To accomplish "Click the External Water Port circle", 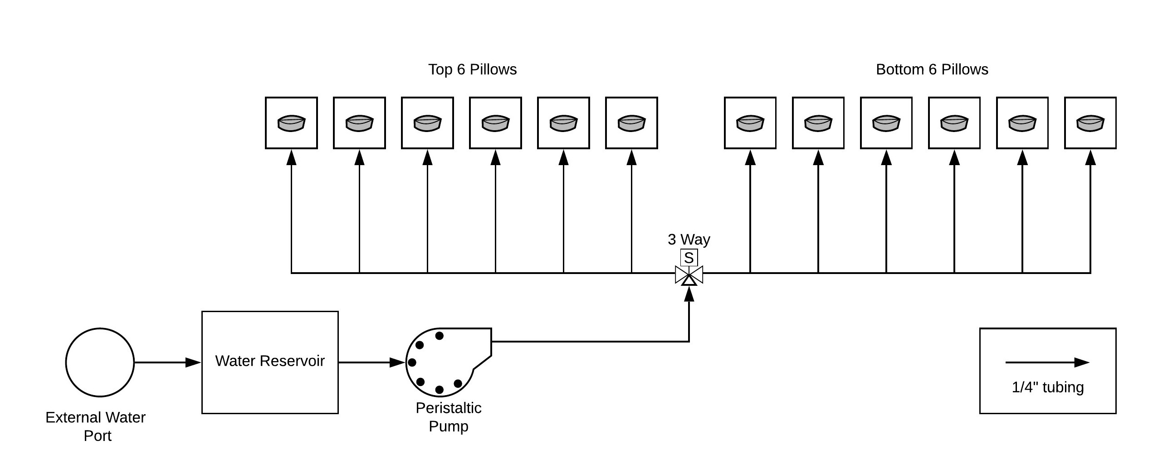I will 100,362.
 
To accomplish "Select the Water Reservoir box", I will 270,362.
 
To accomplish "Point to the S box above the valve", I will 689,258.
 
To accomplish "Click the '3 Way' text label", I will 689,239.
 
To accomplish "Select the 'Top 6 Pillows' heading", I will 472,69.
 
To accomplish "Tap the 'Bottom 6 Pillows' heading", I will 932,69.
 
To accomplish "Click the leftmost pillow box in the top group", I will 291,122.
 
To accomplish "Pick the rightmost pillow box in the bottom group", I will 1090,122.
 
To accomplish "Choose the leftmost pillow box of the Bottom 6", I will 750,122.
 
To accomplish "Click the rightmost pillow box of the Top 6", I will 631,122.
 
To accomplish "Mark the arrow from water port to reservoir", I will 167,362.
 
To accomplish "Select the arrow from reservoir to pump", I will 371,362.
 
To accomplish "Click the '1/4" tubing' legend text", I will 1047,387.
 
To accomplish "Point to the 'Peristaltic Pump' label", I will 448,417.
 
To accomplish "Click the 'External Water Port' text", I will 96,426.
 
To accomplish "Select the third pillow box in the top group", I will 427,122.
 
